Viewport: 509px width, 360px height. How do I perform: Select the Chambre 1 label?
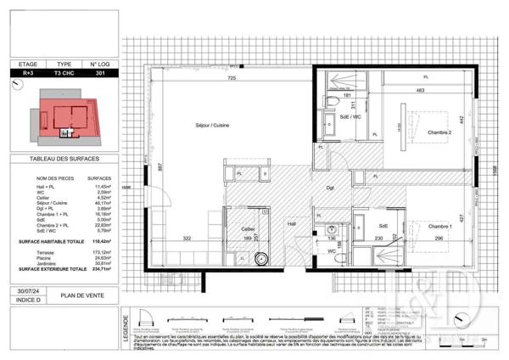coord(439,226)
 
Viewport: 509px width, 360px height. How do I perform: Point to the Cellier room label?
coord(248,228)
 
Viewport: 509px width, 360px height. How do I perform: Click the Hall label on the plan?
coord(292,224)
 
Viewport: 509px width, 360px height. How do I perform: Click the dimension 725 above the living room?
coord(231,78)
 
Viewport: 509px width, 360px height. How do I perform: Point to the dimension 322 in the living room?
coord(186,239)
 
